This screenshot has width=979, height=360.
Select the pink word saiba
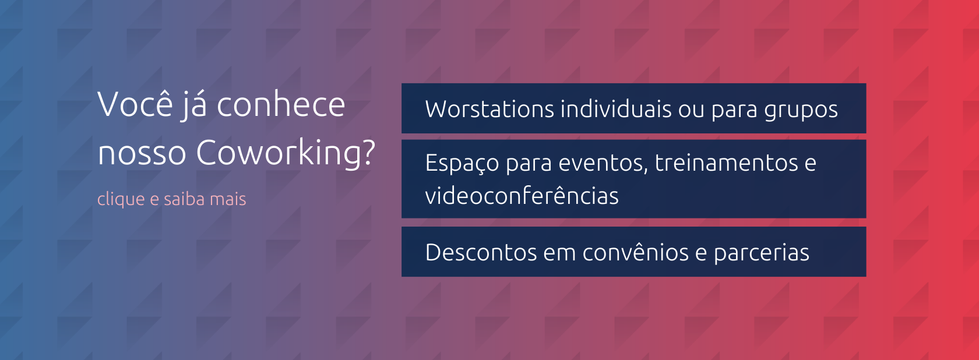(184, 199)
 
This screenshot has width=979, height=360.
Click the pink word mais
(228, 199)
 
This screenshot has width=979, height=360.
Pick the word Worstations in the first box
(490, 109)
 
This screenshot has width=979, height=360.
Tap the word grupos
(801, 111)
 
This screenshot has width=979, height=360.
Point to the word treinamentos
(726, 163)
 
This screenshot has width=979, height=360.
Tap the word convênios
(635, 252)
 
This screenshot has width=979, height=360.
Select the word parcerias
(761, 254)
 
